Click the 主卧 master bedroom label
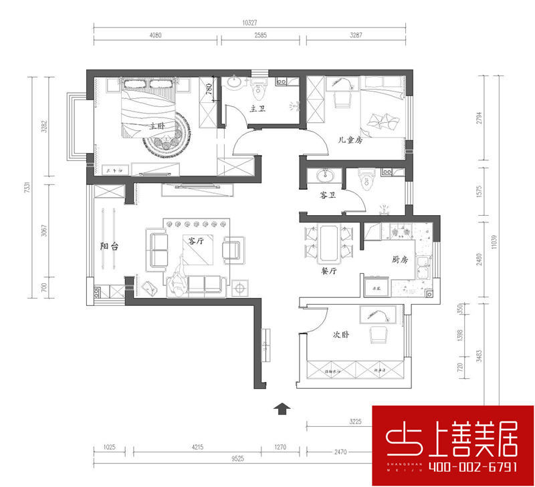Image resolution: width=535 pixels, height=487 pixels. pyautogui.click(x=157, y=125)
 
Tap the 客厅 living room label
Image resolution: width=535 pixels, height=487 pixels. pyautogui.click(x=195, y=241)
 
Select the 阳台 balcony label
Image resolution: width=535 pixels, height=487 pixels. pyautogui.click(x=110, y=247)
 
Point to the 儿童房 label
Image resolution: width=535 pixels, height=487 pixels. pyautogui.click(x=350, y=140)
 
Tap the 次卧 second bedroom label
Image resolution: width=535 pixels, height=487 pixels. pyautogui.click(x=340, y=335)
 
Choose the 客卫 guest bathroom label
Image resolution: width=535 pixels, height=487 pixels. pyautogui.click(x=328, y=195)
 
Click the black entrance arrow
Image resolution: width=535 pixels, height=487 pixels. pyautogui.click(x=282, y=408)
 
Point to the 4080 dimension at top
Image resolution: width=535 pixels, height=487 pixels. pyautogui.click(x=156, y=35)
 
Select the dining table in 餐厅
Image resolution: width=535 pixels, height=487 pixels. pyautogui.click(x=328, y=242)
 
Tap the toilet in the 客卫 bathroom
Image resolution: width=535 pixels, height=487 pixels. pyautogui.click(x=366, y=180)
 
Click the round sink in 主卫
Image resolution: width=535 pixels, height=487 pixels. pyautogui.click(x=236, y=83)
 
